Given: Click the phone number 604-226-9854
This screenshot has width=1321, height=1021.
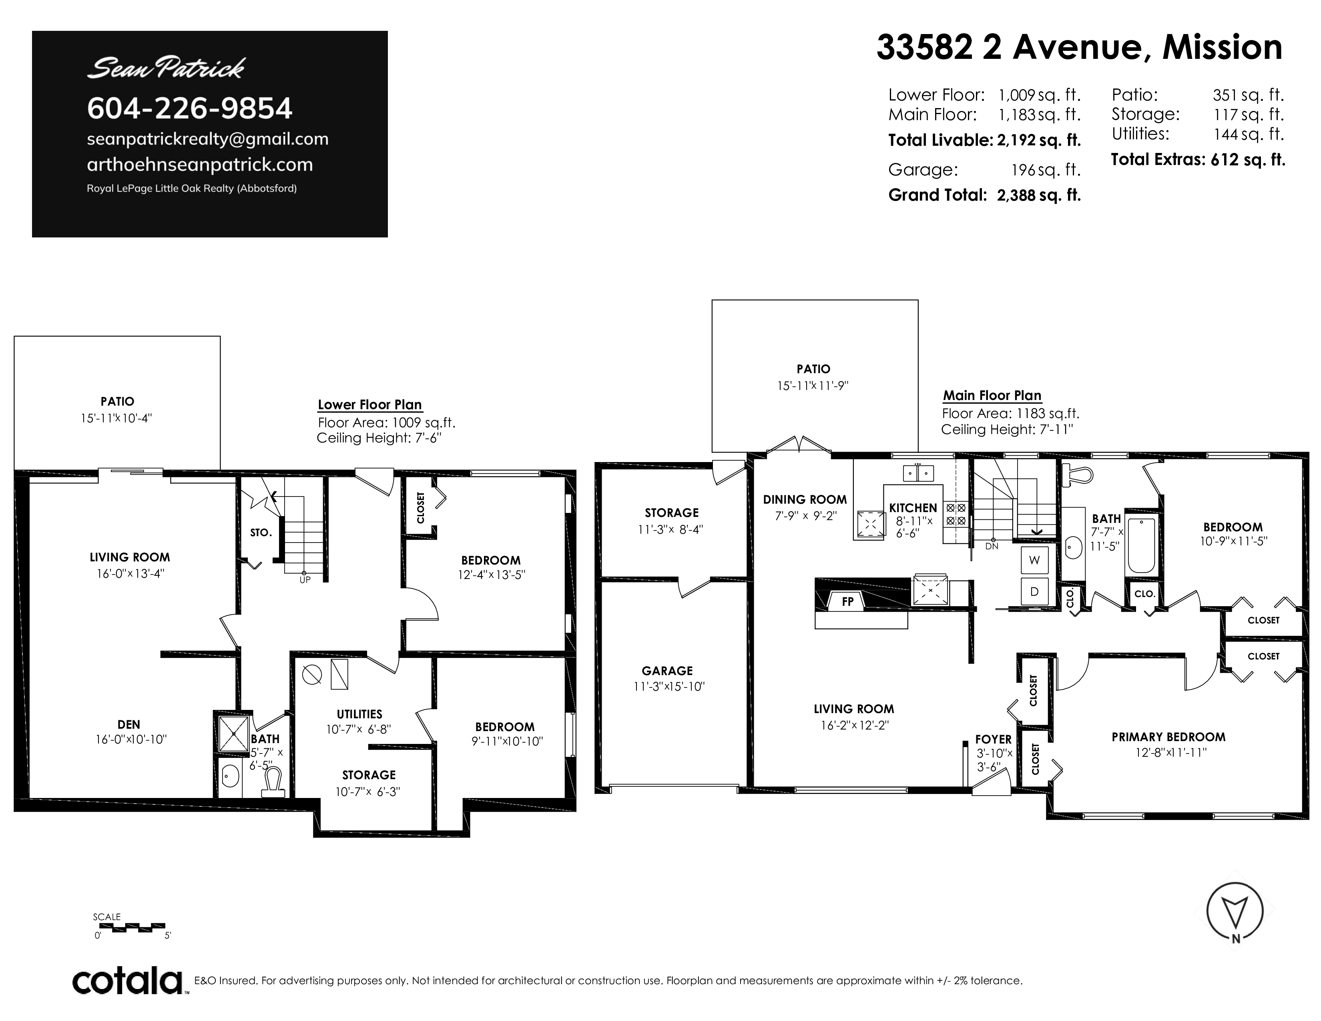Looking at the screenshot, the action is coord(189,108).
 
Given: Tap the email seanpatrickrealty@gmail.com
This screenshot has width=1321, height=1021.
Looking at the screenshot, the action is coord(207,139).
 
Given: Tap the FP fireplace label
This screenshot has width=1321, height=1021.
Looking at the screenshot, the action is coord(847,602).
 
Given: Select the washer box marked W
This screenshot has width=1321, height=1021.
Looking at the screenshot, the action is coord(1034,560).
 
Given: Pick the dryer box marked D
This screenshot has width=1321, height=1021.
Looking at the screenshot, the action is coord(1034,591).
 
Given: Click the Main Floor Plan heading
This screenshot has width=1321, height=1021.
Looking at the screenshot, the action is coord(992,396).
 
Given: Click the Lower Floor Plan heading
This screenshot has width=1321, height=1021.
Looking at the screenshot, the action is coord(369,405).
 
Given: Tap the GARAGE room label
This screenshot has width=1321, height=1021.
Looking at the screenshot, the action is coord(667,671).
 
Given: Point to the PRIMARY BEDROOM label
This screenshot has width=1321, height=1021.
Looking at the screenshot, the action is coord(1168,737).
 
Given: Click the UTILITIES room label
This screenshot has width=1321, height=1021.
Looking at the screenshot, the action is coord(359,714).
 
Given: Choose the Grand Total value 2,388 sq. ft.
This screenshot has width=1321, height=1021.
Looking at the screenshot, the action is coord(1038,195).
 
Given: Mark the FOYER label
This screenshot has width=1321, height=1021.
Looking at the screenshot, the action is coord(993,739).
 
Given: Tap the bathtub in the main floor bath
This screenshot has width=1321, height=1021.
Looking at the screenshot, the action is coord(1141,546).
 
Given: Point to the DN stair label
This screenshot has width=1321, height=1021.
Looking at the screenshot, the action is coord(992,546).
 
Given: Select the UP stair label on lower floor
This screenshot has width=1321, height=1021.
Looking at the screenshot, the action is coord(305,579).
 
